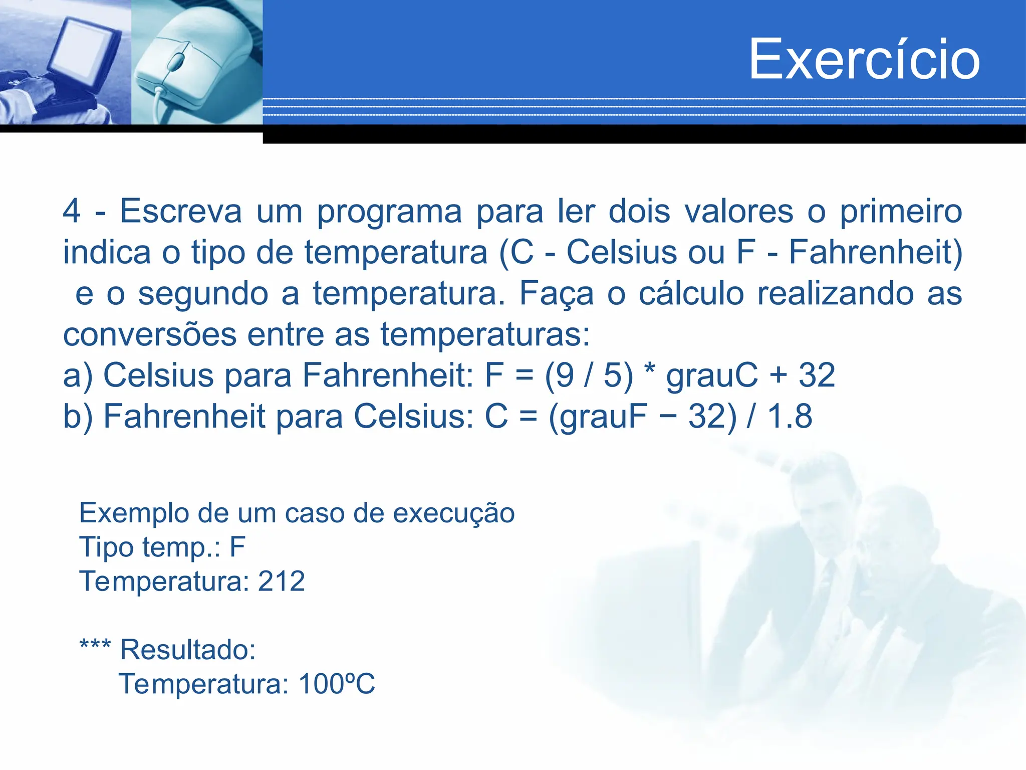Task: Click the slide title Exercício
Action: tap(864, 59)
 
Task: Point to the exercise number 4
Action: tap(71, 211)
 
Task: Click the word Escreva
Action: tap(181, 211)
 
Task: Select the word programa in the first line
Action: tap(389, 212)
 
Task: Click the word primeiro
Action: tap(901, 211)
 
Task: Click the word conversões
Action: tap(150, 334)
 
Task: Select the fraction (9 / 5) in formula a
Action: tap(589, 375)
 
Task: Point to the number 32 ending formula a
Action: tap(817, 375)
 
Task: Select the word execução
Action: tap(453, 513)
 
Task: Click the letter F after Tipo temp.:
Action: tap(237, 547)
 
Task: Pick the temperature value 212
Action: tap(281, 582)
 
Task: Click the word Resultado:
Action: tap(188, 650)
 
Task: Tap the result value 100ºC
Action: tap(337, 684)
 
